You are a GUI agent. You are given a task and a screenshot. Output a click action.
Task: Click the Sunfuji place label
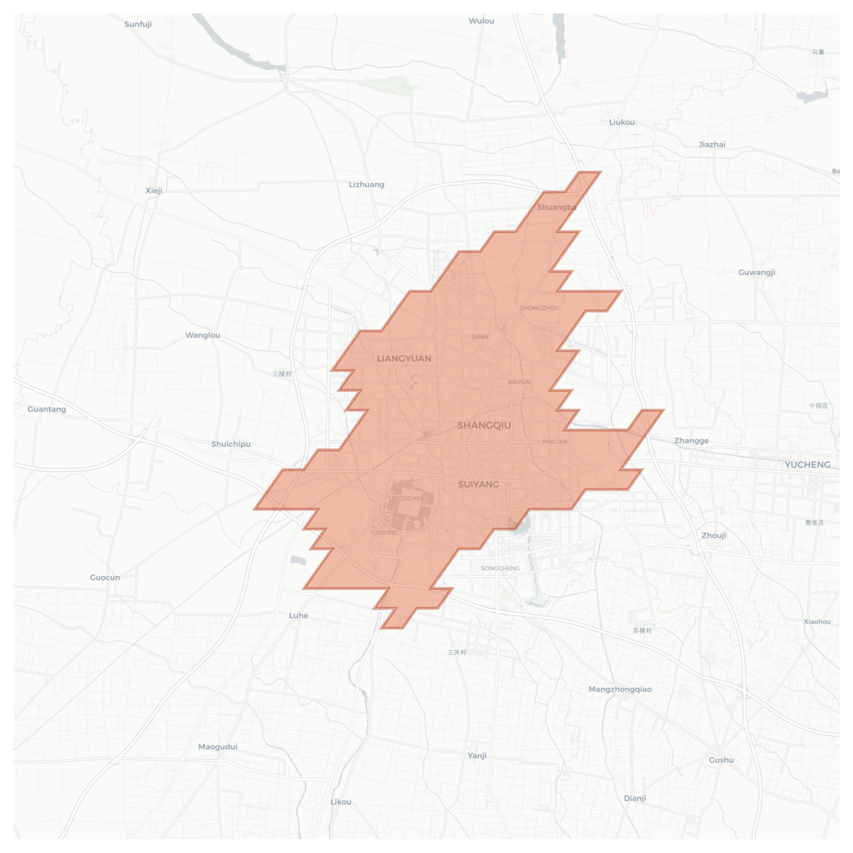(x=138, y=24)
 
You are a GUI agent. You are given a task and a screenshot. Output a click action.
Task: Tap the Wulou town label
(x=481, y=21)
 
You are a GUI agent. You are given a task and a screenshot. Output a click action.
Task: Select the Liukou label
(x=622, y=123)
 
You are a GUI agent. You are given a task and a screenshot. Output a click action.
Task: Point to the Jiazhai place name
(x=712, y=145)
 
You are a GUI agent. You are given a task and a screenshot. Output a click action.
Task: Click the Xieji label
(x=154, y=190)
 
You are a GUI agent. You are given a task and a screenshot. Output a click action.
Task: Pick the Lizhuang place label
(x=367, y=184)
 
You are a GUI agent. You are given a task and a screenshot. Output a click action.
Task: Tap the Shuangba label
(x=557, y=207)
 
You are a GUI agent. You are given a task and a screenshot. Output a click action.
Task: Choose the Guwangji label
(x=756, y=273)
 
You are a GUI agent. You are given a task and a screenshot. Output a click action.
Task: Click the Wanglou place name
(x=202, y=335)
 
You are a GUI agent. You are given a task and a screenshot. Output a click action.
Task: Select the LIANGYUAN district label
(x=404, y=359)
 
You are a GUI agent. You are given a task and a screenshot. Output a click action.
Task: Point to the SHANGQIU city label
(x=484, y=426)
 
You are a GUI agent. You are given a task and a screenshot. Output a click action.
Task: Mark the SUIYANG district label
(x=479, y=485)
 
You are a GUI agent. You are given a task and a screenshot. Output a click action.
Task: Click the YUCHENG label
(x=807, y=465)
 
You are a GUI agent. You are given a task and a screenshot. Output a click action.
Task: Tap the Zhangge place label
(x=691, y=441)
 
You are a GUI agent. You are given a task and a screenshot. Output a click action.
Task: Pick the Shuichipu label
(x=231, y=444)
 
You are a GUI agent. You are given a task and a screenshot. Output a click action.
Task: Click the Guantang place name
(x=47, y=409)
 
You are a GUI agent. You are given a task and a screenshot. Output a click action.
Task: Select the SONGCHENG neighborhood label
(x=500, y=569)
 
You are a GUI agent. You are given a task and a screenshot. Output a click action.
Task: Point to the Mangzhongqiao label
(x=619, y=689)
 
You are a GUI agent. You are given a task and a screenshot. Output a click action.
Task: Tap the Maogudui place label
(x=217, y=747)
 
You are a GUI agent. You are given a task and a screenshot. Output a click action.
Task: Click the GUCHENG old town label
(x=414, y=499)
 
